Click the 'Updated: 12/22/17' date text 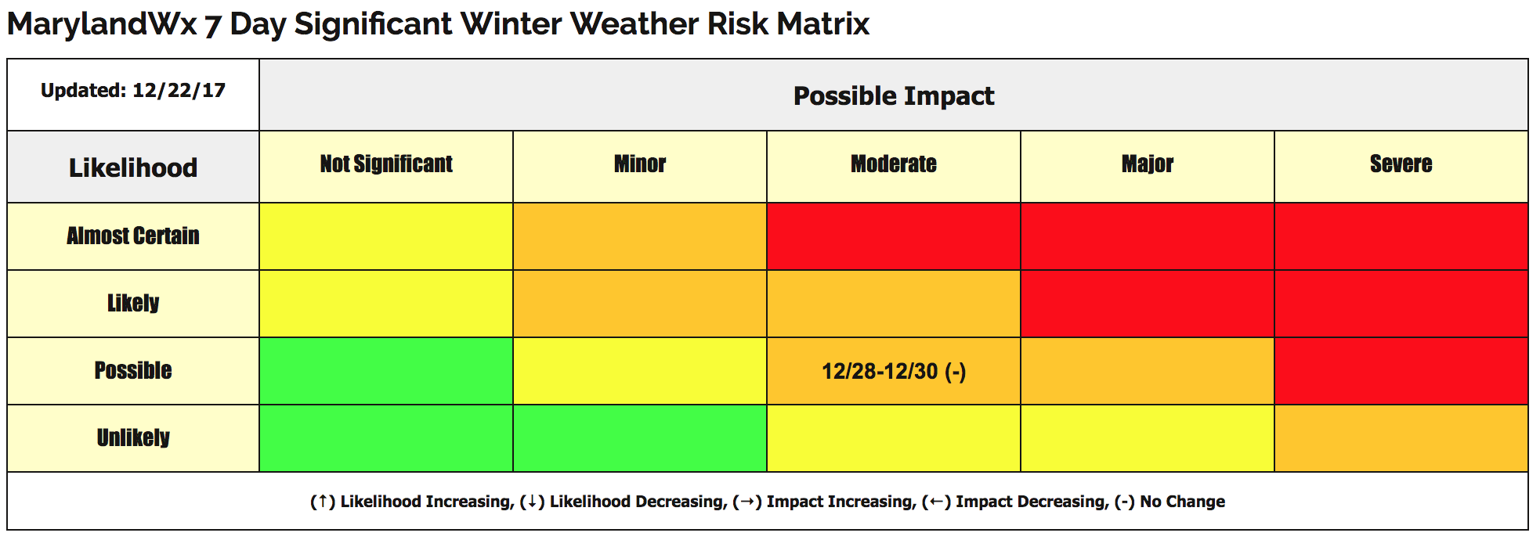[x=133, y=91]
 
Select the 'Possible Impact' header [x=894, y=95]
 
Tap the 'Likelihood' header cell [x=133, y=167]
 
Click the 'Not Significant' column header [x=386, y=164]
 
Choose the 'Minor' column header [x=640, y=164]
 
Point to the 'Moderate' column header [x=894, y=164]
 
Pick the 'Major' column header [x=1148, y=164]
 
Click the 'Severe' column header [x=1401, y=164]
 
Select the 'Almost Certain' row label [x=133, y=236]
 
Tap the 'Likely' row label [x=133, y=303]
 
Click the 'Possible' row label [x=133, y=370]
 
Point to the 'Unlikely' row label [x=133, y=437]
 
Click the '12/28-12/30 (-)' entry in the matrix [x=894, y=371]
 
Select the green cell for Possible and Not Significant [x=386, y=371]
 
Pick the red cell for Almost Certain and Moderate [x=894, y=236]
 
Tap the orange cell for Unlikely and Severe [x=1401, y=438]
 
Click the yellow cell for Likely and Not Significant [x=386, y=304]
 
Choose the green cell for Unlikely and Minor [x=640, y=438]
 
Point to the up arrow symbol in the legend [x=322, y=502]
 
